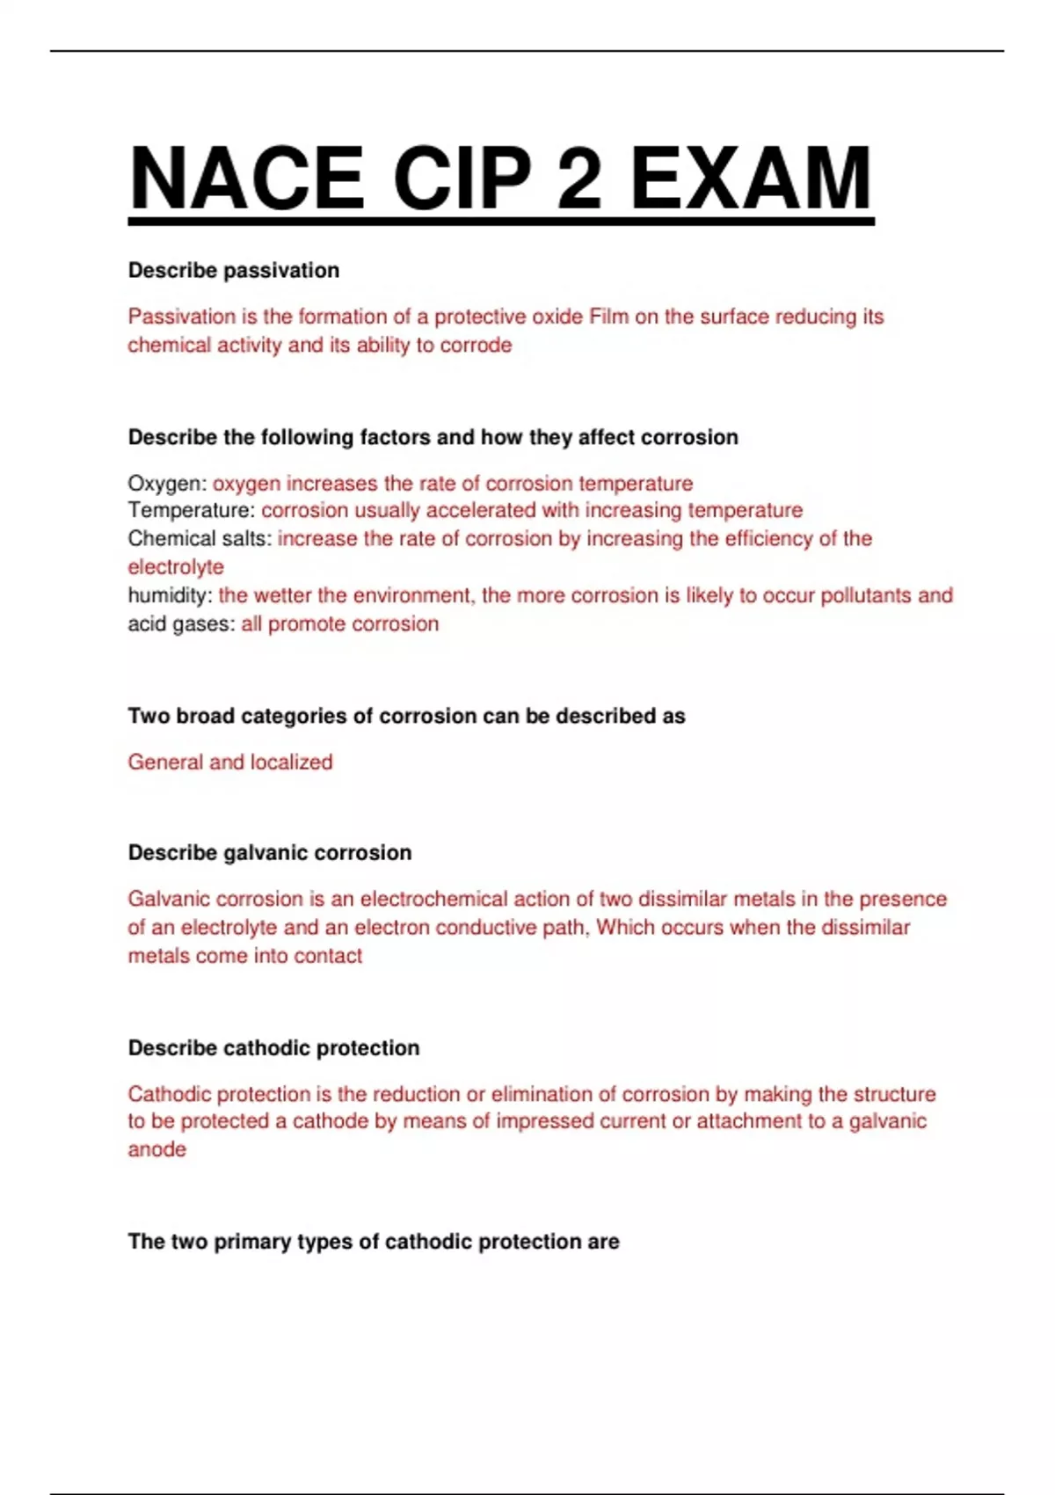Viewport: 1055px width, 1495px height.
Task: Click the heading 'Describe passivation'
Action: coord(234,270)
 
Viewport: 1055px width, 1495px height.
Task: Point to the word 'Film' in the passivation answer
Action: coord(608,317)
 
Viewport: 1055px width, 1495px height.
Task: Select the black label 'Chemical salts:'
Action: coord(200,538)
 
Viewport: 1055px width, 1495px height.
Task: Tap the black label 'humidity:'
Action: coord(170,595)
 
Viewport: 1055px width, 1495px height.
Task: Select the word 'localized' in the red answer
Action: coord(291,762)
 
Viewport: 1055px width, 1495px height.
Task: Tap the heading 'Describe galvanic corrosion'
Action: coord(270,852)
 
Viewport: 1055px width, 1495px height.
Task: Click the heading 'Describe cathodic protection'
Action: coord(273,1047)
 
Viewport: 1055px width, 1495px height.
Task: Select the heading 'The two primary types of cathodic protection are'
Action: coord(374,1242)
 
